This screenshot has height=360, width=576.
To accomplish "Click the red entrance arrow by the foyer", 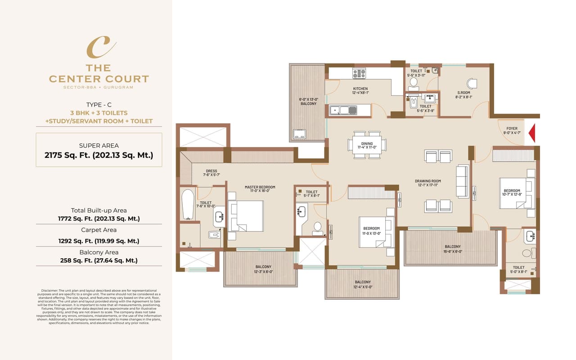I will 531,134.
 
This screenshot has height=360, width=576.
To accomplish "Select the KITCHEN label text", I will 360,89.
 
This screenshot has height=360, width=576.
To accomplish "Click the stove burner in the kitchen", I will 359,73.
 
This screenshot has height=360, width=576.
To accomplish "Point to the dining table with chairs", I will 367,144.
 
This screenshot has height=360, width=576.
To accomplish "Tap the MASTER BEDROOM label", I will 260,187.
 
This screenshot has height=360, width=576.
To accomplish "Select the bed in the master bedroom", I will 246,216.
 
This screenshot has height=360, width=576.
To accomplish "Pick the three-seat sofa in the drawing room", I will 462,181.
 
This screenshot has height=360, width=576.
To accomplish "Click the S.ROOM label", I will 463,93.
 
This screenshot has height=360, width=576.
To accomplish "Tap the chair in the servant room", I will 471,84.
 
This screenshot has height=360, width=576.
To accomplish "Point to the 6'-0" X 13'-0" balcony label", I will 308,101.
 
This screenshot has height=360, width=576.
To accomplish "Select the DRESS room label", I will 211,171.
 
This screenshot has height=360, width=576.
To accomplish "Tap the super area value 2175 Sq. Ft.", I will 99,155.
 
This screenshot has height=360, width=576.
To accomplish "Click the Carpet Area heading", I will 99,230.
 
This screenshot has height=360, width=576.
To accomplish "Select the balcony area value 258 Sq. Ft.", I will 99,260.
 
